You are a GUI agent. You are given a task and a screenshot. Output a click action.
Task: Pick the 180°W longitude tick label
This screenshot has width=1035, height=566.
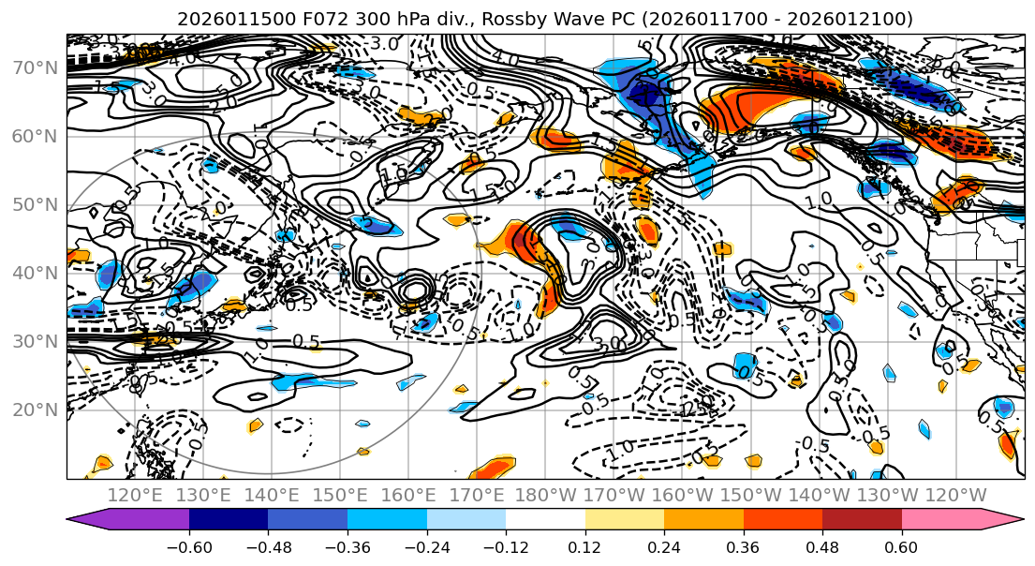pyautogui.click(x=545, y=495)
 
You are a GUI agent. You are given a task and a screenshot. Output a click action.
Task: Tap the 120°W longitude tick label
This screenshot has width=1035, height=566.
pyautogui.click(x=955, y=495)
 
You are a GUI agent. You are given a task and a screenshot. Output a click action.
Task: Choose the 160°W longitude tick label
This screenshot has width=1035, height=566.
pyautogui.click(x=683, y=495)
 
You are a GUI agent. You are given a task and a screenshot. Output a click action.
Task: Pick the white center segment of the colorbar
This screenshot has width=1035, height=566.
pyautogui.click(x=545, y=520)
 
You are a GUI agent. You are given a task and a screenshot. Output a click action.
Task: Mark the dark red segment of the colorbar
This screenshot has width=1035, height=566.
pyautogui.click(x=862, y=520)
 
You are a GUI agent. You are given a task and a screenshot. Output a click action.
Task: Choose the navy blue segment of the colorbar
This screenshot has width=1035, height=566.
pyautogui.click(x=229, y=520)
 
